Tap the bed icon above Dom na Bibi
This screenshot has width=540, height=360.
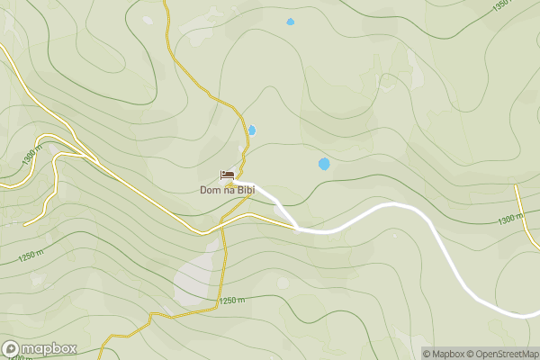pos(228,175)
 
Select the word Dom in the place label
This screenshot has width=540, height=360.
pos(210,190)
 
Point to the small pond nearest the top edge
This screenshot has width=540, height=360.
pos(290,22)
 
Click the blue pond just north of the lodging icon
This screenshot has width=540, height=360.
pos(252,130)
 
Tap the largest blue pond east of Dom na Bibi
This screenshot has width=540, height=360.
pos(324,164)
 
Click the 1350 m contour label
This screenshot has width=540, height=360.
pos(507,7)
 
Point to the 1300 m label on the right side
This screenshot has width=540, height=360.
pos(509,219)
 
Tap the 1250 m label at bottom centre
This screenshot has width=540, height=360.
pos(231,300)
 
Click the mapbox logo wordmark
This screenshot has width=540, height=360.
pos(49,349)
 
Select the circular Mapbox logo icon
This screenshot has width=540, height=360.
pos(11,349)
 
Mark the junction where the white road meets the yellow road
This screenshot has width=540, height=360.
pos(297,228)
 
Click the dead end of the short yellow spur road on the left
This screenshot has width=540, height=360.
pos(25,223)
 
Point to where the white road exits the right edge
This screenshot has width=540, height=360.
pos(537,315)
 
